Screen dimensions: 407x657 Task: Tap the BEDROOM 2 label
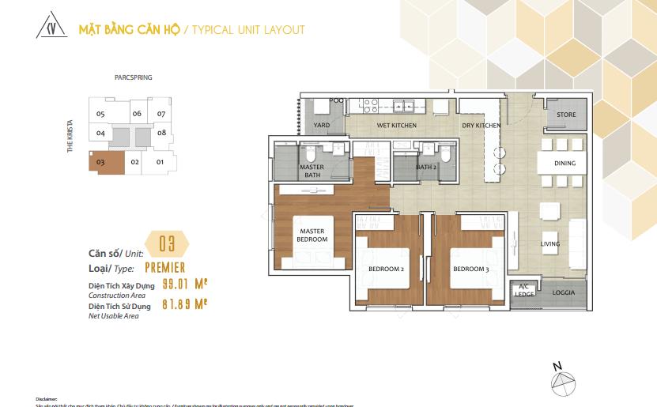(x=386, y=269)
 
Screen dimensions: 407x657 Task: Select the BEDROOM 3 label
(x=470, y=269)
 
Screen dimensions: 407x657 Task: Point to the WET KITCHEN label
(x=396, y=126)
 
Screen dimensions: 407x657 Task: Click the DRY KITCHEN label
(x=481, y=126)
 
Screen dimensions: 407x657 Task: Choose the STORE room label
(x=566, y=115)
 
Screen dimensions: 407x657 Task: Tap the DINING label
(x=564, y=164)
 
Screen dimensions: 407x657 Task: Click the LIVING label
(x=550, y=244)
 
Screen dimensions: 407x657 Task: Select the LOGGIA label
(x=563, y=292)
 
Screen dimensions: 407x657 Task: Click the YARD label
(x=321, y=126)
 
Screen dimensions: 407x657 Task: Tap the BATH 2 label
(x=426, y=168)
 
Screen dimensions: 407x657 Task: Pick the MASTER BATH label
(x=312, y=171)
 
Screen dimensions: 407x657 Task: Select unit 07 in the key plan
(x=160, y=114)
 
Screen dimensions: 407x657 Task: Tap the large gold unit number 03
(x=167, y=242)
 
